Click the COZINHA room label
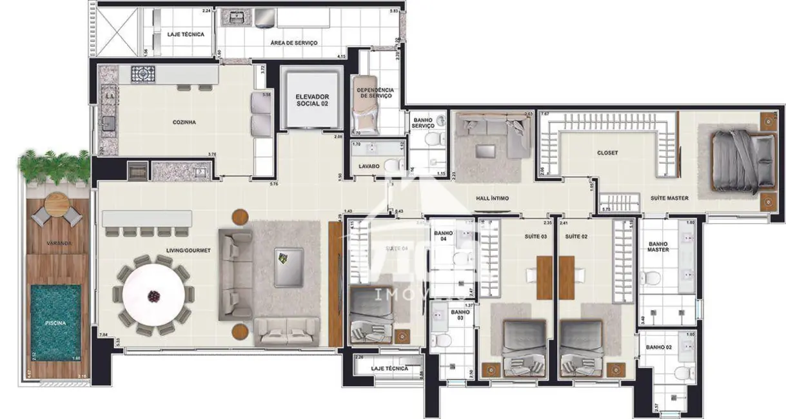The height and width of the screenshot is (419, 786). (184, 122)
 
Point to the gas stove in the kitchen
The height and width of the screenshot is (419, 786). (143, 74)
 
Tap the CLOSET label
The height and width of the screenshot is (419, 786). (607, 153)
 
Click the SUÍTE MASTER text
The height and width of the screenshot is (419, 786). (669, 198)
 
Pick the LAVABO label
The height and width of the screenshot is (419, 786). (369, 166)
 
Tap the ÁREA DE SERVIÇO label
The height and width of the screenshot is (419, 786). (293, 43)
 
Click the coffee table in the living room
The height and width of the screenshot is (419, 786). (288, 267)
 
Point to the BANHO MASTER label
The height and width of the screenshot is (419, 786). (658, 246)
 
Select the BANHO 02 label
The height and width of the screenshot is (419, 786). (658, 347)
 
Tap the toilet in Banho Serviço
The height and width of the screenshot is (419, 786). (435, 139)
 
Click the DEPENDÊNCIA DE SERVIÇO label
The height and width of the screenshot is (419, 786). (377, 93)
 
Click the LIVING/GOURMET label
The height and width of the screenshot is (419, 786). (189, 250)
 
